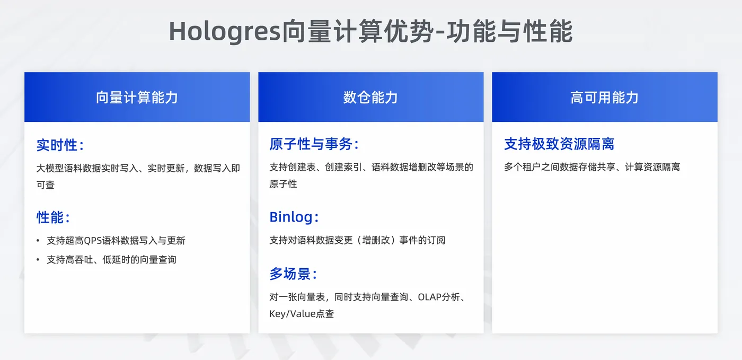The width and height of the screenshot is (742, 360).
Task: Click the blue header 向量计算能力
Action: pyautogui.click(x=137, y=98)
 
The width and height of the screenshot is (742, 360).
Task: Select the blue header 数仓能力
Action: pyautogui.click(x=370, y=98)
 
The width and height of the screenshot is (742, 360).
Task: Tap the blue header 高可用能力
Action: pyautogui.click(x=605, y=98)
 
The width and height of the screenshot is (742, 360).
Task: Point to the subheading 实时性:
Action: pyautogui.click(x=60, y=145)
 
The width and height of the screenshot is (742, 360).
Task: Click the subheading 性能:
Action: pyautogui.click(x=53, y=217)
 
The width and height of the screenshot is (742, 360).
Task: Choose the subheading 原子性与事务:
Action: pyautogui.click(x=314, y=144)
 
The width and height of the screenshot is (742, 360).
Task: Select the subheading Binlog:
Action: pyautogui.click(x=294, y=217)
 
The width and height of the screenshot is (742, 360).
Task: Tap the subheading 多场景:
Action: pyautogui.click(x=293, y=274)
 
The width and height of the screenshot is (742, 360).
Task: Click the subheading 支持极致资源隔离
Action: pyautogui.click(x=560, y=144)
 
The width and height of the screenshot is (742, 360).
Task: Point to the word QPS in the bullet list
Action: pyautogui.click(x=93, y=241)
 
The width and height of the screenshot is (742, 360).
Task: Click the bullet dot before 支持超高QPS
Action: pyautogui.click(x=38, y=241)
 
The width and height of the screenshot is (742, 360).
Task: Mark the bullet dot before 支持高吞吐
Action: pyautogui.click(x=38, y=260)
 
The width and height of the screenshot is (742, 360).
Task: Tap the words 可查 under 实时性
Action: pyautogui.click(x=46, y=185)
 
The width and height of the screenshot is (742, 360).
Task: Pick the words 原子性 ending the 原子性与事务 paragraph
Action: pyautogui.click(x=283, y=184)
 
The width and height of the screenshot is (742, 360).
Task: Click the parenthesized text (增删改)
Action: pyautogui.click(x=376, y=240)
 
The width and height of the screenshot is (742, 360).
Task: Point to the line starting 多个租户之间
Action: pyautogui.click(x=592, y=167)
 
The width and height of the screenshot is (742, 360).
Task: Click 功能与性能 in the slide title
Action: pyautogui.click(x=509, y=31)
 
